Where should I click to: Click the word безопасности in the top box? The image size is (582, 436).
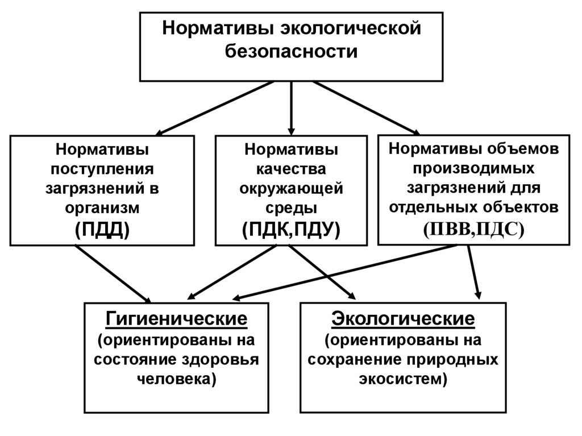click(x=292, y=52)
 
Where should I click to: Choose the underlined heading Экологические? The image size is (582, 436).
click(x=403, y=319)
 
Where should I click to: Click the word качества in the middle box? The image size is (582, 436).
click(x=290, y=169)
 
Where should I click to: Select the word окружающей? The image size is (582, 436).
click(x=290, y=188)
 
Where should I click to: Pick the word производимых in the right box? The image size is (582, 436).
click(x=473, y=168)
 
